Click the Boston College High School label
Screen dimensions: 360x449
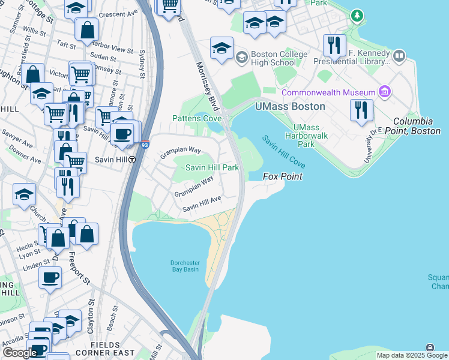[x=274, y=58]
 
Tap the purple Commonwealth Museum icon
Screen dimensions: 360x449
[x=385, y=92]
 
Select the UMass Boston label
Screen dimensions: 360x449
[x=290, y=106]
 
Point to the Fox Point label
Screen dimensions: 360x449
[x=283, y=177]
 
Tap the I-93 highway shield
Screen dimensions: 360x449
[x=145, y=145]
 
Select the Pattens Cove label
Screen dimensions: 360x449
[x=197, y=119]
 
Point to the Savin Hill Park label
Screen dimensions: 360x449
[x=212, y=167]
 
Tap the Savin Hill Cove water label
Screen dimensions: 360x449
[x=283, y=151]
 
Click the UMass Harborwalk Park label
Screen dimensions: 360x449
[x=306, y=136]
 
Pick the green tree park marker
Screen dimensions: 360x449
[x=358, y=14]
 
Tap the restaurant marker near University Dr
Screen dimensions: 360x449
[x=362, y=110]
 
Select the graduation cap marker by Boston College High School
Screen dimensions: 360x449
[x=221, y=49]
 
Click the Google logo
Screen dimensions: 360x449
[x=20, y=353]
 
